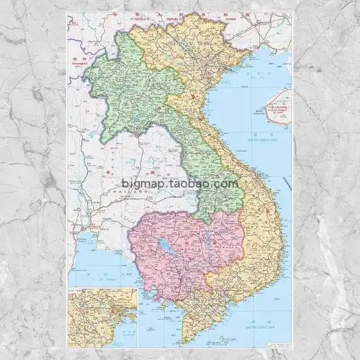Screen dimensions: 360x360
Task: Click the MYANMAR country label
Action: click(78, 60)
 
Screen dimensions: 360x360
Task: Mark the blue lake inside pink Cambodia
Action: click(166, 250)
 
